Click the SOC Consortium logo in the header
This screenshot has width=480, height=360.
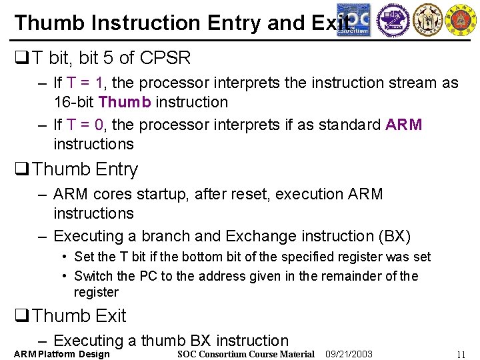(353, 19)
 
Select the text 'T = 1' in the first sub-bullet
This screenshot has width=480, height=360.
(89, 83)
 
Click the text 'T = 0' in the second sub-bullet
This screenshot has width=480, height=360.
(89, 125)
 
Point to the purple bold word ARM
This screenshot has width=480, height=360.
(404, 125)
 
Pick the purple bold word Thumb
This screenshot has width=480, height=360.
(126, 102)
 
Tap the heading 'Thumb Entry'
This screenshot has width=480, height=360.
(85, 169)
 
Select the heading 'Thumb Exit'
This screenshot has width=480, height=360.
(79, 315)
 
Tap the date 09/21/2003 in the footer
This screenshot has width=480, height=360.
(349, 354)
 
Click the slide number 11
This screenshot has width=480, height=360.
(461, 355)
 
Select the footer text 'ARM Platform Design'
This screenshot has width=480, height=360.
(61, 354)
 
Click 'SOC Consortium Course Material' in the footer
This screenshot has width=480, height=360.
(246, 354)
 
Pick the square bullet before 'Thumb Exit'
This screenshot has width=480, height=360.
(21, 316)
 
